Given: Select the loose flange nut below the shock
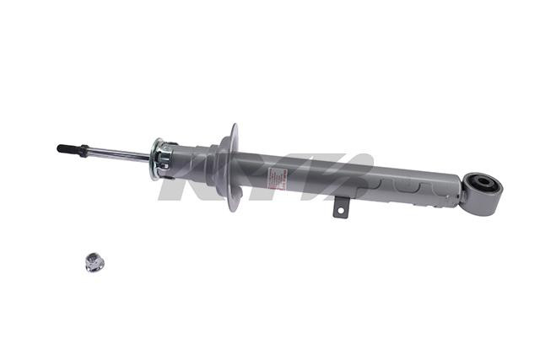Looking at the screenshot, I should coord(93,262).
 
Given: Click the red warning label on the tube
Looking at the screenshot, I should coord(278,179).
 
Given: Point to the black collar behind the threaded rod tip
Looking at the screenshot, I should coord(81,150).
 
